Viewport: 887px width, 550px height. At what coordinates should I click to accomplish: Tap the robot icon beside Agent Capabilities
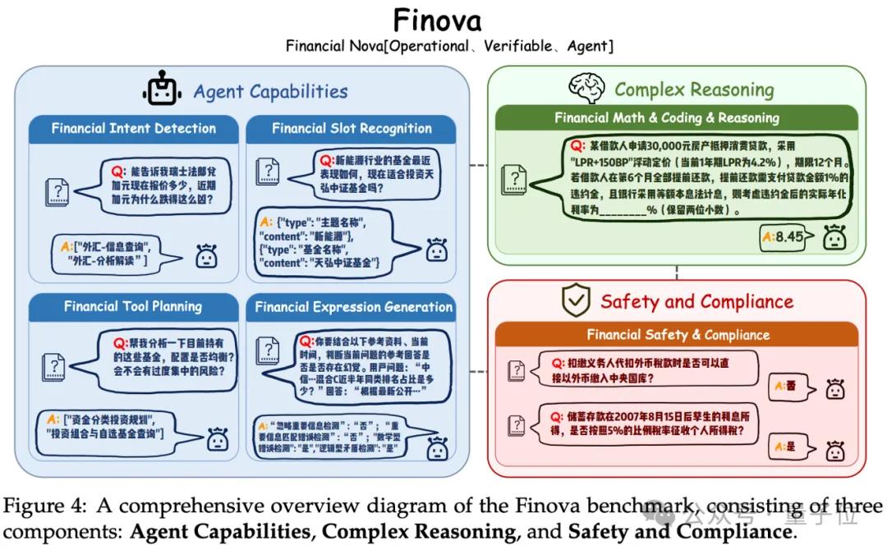(x=162, y=90)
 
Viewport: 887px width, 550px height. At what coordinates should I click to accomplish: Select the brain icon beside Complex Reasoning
(x=586, y=89)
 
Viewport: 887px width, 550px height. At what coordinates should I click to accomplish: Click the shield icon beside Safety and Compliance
(x=576, y=301)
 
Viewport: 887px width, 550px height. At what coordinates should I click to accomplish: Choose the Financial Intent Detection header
(x=134, y=128)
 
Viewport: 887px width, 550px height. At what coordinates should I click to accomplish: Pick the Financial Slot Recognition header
(x=352, y=128)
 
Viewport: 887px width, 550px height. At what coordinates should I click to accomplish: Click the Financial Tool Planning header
(x=133, y=307)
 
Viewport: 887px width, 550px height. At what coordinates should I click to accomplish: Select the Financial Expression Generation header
(x=353, y=307)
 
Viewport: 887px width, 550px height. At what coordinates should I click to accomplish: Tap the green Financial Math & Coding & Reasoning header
(x=677, y=117)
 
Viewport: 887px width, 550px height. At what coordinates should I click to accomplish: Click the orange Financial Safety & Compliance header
(x=678, y=334)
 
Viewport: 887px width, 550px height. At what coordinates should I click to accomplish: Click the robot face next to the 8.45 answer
(x=834, y=237)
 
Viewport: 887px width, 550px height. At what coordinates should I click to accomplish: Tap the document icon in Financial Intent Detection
(x=56, y=190)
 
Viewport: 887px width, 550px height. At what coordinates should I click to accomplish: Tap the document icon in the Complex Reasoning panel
(x=515, y=178)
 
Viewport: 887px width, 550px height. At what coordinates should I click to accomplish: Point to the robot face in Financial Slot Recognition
(x=437, y=250)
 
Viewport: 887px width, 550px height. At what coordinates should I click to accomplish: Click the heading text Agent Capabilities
(x=270, y=91)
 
